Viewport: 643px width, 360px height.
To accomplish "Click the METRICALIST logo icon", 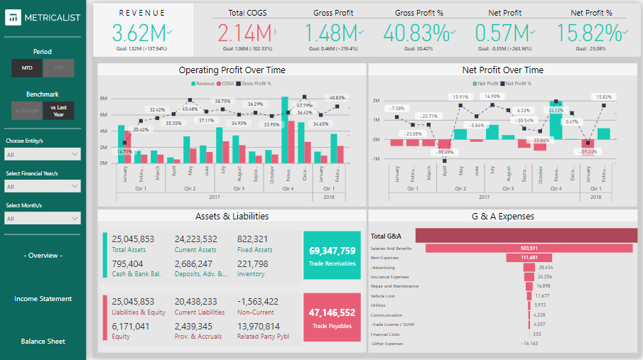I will [13, 18].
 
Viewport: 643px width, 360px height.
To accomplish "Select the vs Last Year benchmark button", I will [58, 110].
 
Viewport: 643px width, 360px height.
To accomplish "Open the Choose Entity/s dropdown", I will [43, 154].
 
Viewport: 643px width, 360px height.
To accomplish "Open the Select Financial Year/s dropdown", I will [43, 186].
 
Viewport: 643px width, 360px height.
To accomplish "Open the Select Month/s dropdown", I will [43, 219].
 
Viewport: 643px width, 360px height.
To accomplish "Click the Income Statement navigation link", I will [43, 299].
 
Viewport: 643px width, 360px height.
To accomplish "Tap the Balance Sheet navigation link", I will [43, 342].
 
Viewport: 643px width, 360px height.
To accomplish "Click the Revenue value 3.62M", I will [140, 33].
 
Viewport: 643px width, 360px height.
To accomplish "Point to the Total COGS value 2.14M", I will [244, 33].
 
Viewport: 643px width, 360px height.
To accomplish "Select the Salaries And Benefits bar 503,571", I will [529, 248].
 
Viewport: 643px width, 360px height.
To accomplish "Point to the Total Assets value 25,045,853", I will [133, 239].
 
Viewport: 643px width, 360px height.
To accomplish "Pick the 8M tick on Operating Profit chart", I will [103, 99].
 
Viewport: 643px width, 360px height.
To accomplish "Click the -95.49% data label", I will [445, 153].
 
